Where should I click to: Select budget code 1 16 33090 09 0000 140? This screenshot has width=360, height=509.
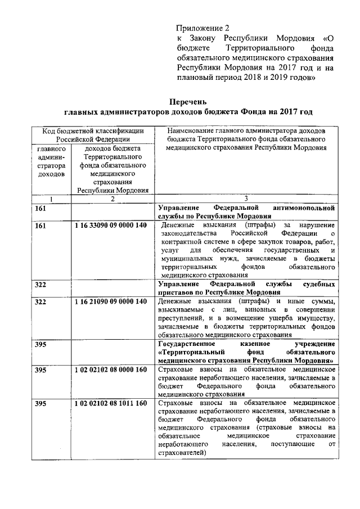111,226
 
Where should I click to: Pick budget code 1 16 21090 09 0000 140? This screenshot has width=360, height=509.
111,302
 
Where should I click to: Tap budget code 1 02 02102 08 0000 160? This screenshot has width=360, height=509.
111,370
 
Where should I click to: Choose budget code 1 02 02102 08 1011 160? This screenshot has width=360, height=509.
111,403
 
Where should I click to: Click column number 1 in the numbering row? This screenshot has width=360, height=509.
51,199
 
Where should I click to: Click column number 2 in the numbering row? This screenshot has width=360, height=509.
112,199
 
